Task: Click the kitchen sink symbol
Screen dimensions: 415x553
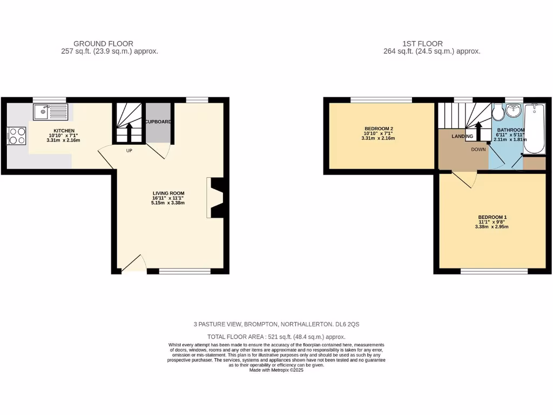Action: [49, 112]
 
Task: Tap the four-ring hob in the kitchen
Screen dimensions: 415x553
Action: [16, 135]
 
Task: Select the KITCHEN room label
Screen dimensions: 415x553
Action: [64, 131]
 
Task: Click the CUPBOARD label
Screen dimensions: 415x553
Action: [158, 122]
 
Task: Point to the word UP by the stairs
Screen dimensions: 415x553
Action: [129, 151]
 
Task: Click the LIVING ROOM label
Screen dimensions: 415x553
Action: [168, 193]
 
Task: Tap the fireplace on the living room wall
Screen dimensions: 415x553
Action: [215, 198]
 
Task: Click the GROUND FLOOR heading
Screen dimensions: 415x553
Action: [103, 44]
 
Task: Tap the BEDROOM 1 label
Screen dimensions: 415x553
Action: [492, 217]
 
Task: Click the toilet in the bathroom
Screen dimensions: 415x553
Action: [497, 113]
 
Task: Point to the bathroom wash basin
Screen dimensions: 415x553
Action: [513, 112]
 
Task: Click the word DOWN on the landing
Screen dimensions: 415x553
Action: [478, 150]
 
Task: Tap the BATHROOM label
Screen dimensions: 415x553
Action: [511, 130]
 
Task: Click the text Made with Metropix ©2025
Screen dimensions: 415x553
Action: [276, 370]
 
